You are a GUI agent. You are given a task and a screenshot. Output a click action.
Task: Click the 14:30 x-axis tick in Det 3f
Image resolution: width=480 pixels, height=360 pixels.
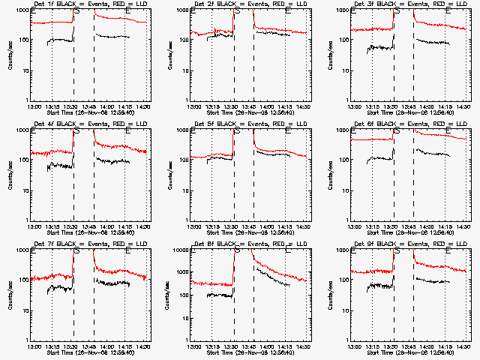click(463, 106)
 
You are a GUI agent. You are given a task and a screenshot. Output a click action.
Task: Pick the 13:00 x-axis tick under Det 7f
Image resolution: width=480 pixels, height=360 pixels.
click(34, 346)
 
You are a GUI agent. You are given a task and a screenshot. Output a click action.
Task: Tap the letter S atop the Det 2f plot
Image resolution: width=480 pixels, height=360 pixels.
click(238, 11)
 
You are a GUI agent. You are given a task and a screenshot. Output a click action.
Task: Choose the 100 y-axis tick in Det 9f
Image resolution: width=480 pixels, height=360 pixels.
click(345, 280)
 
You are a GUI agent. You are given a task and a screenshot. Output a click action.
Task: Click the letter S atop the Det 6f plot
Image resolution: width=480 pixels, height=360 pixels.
click(397, 131)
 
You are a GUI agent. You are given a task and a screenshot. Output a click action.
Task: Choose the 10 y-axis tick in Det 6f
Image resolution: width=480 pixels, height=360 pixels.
click(345, 190)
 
